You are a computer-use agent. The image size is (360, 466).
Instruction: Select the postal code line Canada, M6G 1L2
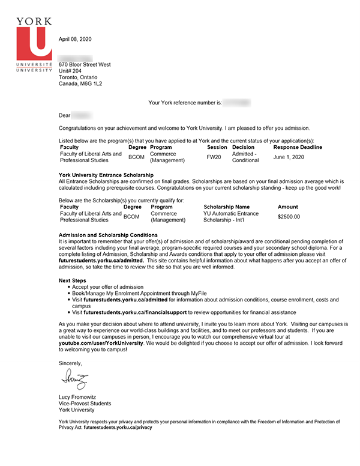point(80,84)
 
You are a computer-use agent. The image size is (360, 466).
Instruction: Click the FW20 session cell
point(214,157)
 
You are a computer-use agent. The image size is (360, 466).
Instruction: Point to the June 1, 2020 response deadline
point(289,157)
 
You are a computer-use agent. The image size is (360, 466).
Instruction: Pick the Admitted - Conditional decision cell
point(245,157)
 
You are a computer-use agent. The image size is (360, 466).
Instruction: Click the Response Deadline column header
point(298,147)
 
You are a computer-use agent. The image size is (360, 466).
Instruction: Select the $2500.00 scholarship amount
point(289,217)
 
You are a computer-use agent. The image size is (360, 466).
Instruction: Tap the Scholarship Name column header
point(226,207)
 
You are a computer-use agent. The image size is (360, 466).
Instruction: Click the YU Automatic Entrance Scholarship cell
point(231,217)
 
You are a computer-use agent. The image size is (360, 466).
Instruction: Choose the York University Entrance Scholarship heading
point(106,175)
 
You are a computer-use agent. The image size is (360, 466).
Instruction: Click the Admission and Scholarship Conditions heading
point(108,235)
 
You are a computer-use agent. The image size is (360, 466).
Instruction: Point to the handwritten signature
point(74,380)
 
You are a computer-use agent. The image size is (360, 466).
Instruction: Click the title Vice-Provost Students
point(85,404)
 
